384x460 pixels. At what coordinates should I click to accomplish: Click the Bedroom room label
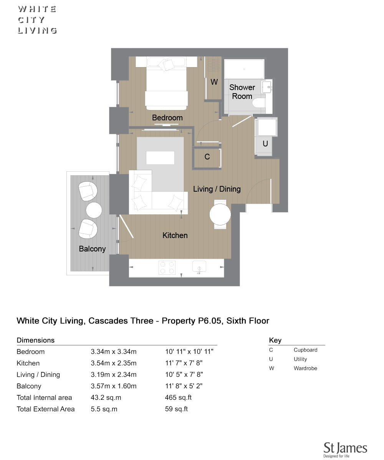point(167,118)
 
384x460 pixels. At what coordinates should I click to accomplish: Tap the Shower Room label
point(242,92)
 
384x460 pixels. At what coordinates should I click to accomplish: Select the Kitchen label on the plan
point(175,235)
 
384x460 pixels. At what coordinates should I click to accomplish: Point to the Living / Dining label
point(217,189)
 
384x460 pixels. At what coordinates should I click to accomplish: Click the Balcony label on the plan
point(92,249)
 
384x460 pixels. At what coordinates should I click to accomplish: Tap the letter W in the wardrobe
point(214,82)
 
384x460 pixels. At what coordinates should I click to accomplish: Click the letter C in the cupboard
point(207,157)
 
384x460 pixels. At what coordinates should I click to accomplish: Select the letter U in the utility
point(265,144)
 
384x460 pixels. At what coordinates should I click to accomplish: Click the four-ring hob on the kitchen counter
point(167,268)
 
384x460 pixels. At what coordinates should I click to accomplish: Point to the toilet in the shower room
point(259,103)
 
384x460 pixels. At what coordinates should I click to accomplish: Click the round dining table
point(220,214)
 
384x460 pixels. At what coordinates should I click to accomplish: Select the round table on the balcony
point(94,210)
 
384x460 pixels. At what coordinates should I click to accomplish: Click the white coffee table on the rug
point(160,158)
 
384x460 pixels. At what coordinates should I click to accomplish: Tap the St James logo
point(345,449)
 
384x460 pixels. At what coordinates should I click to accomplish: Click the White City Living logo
point(37,20)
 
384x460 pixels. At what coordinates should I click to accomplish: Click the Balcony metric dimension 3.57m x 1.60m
point(114,386)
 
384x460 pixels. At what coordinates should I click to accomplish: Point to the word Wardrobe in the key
point(305,368)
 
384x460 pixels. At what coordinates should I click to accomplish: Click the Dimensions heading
point(36,340)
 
